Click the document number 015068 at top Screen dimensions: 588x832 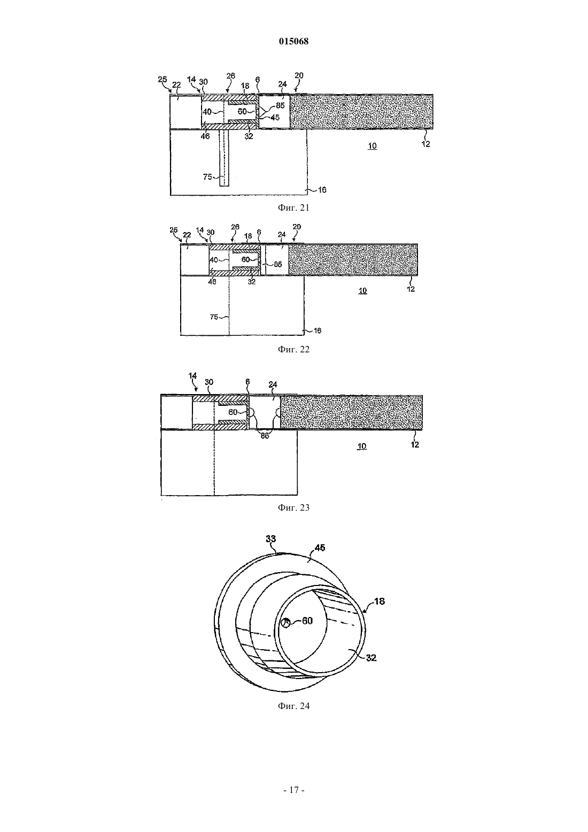click(293, 41)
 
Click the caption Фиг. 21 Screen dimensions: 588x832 click(293, 207)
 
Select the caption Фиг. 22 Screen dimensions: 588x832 click(293, 349)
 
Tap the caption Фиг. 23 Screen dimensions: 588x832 click(293, 507)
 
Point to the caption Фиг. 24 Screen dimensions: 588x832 click(293, 706)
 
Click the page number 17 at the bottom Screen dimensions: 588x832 click(294, 790)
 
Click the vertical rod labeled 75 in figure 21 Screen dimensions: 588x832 click(224, 158)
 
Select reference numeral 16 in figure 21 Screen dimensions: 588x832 click(322, 190)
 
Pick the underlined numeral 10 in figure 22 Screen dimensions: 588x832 click(362, 291)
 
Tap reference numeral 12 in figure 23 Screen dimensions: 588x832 click(415, 444)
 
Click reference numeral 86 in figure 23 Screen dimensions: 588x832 click(264, 436)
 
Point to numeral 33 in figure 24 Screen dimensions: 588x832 click(270, 538)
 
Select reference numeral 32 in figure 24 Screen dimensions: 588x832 click(371, 658)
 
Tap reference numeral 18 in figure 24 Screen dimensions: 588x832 click(380, 601)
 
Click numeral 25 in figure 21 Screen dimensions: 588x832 click(162, 79)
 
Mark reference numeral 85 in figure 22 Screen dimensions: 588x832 click(278, 265)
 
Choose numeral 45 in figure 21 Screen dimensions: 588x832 click(275, 118)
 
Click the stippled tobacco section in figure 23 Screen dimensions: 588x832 click(351, 412)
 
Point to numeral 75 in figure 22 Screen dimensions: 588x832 click(214, 317)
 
